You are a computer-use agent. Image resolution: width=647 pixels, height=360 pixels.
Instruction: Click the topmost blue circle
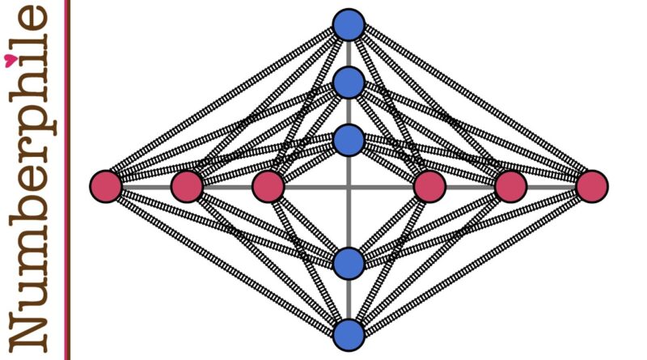pyautogui.click(x=349, y=25)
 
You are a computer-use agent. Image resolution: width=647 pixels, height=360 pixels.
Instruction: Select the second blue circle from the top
pyautogui.click(x=349, y=83)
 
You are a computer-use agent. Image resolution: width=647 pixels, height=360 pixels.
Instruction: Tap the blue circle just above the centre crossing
pyautogui.click(x=349, y=140)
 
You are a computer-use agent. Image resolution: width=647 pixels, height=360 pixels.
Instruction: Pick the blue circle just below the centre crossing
pyautogui.click(x=349, y=264)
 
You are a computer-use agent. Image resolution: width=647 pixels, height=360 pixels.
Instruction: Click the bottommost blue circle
pyautogui.click(x=349, y=334)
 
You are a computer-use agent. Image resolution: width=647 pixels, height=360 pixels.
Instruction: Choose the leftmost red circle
pyautogui.click(x=106, y=187)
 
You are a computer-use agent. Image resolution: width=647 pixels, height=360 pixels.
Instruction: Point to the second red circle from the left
pyautogui.click(x=187, y=187)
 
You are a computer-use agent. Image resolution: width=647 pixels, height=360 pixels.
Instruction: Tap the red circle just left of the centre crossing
pyautogui.click(x=269, y=187)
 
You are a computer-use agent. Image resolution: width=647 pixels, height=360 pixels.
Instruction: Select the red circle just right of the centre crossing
pyautogui.click(x=429, y=187)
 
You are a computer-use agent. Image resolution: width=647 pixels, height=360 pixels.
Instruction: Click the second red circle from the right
pyautogui.click(x=511, y=187)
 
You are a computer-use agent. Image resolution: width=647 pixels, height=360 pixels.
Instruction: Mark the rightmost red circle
pyautogui.click(x=592, y=187)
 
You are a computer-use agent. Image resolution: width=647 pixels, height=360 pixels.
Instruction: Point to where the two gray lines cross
pyautogui.click(x=349, y=187)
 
